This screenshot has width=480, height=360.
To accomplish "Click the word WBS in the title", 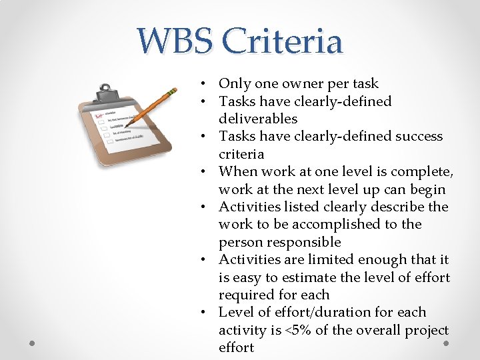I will (175, 41).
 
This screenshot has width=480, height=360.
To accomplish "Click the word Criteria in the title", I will (283, 41).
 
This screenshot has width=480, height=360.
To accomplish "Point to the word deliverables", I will (258, 119).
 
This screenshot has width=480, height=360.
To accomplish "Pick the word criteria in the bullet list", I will (241, 154).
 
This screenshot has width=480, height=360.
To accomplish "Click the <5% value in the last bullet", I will (325, 330).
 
